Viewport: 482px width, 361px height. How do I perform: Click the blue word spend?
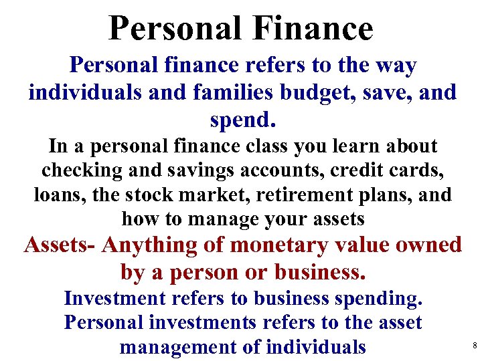tap(242, 120)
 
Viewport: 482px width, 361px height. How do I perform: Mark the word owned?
tap(429, 245)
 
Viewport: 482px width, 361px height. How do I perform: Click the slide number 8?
tap(474, 346)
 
